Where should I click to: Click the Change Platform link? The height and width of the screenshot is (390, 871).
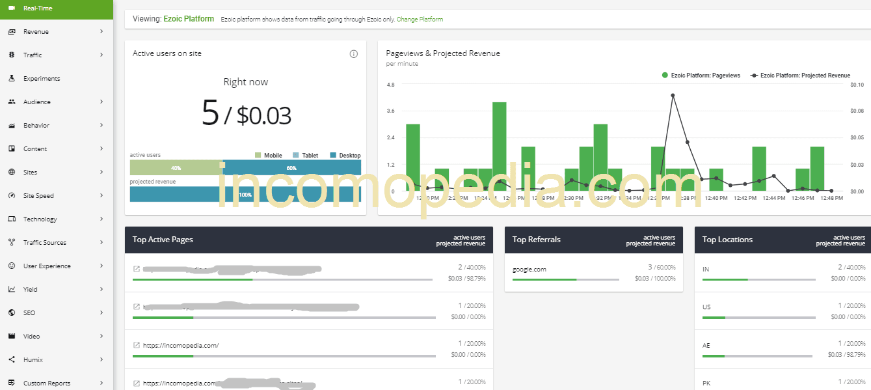point(420,20)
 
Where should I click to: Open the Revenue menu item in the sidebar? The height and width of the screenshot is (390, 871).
point(36,32)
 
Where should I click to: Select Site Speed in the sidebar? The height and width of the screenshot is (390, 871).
point(38,196)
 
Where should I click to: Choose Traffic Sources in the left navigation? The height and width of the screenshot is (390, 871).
point(44,243)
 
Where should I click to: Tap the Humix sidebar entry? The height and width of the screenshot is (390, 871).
point(33,360)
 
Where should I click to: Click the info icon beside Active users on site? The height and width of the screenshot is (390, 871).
point(354,54)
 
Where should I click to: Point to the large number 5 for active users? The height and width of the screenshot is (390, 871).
point(210,113)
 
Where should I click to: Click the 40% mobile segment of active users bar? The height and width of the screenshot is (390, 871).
point(176,168)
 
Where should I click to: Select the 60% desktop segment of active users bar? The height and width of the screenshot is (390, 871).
point(291,168)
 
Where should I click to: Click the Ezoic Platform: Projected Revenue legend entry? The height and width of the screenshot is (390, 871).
point(801,76)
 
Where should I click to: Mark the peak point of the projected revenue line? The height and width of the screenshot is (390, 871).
point(673,95)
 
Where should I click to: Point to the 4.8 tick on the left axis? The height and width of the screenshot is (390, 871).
point(390,85)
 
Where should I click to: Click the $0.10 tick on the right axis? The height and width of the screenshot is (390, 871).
point(857,85)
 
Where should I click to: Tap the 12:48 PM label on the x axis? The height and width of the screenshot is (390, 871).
point(831,198)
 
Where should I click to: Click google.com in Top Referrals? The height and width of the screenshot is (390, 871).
point(529,269)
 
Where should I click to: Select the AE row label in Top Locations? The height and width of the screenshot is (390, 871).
point(706,345)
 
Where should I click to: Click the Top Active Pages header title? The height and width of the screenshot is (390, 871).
point(163,240)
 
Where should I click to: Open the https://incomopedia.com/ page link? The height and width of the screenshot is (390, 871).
point(181,345)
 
